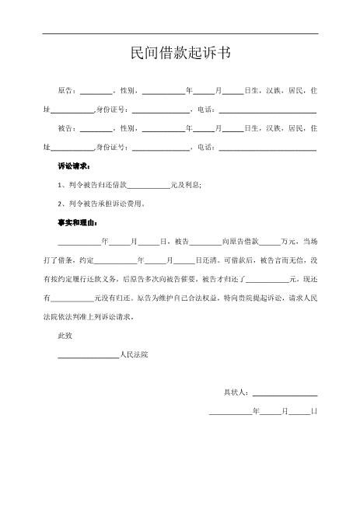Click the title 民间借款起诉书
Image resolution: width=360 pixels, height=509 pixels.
180,54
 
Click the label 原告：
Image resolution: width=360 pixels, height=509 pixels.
68,91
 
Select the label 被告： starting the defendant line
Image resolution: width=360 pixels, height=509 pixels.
68,128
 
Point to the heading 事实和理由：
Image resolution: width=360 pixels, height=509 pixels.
78,223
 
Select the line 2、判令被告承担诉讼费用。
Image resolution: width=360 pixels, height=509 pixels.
102,204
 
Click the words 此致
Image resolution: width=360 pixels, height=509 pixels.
65,336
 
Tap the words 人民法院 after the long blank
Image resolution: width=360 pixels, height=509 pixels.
134,354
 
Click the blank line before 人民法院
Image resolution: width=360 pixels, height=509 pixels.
89,356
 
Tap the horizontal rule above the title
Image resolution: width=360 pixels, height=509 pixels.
180,33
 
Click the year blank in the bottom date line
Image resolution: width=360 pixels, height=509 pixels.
230,413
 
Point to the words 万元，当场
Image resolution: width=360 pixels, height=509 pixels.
299,242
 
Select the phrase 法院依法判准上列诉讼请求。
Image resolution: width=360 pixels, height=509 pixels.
94,317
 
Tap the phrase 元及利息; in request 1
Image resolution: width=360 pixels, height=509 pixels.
186,185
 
